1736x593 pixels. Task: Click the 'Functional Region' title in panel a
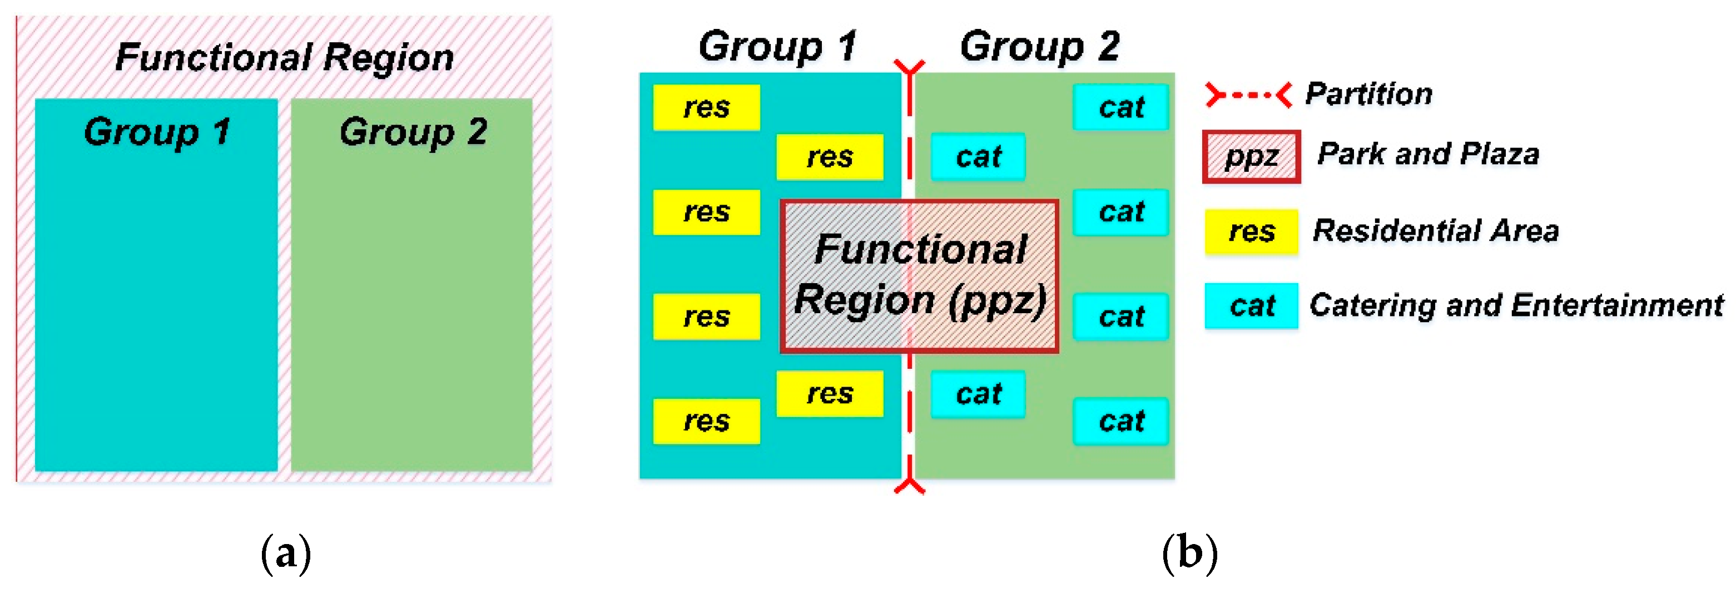[x=284, y=57]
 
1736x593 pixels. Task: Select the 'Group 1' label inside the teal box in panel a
[x=156, y=131]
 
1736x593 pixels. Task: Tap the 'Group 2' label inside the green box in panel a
[x=413, y=131]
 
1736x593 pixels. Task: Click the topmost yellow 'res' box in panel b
[x=706, y=107]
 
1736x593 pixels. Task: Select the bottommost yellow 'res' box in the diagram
[x=706, y=421]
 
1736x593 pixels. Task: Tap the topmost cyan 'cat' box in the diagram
[x=1120, y=107]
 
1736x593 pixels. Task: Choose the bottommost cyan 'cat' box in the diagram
[x=1120, y=421]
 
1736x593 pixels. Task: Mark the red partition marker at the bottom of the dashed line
[x=909, y=483]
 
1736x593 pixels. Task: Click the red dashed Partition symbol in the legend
[x=1248, y=95]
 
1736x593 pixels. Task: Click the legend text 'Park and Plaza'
[x=1428, y=154]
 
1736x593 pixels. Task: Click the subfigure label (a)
[x=286, y=554]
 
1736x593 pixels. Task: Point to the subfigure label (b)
[x=1189, y=554]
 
